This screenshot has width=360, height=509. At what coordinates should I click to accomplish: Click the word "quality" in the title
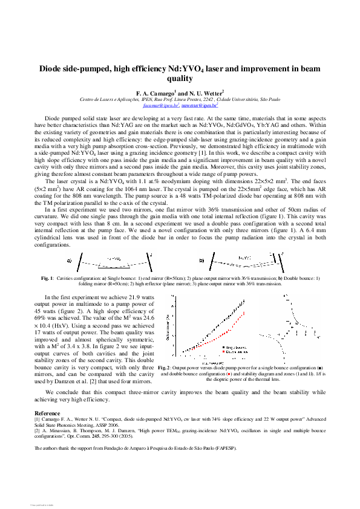pyautogui.click(x=179, y=79)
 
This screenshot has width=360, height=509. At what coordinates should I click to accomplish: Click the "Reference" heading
pyautogui.click(x=47, y=412)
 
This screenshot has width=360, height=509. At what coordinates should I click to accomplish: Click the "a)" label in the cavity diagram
pyautogui.click(x=69, y=261)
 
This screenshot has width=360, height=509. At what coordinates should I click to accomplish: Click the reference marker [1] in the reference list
pyautogui.click(x=38, y=418)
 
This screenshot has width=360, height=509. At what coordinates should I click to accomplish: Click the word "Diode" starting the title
pyautogui.click(x=53, y=69)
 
